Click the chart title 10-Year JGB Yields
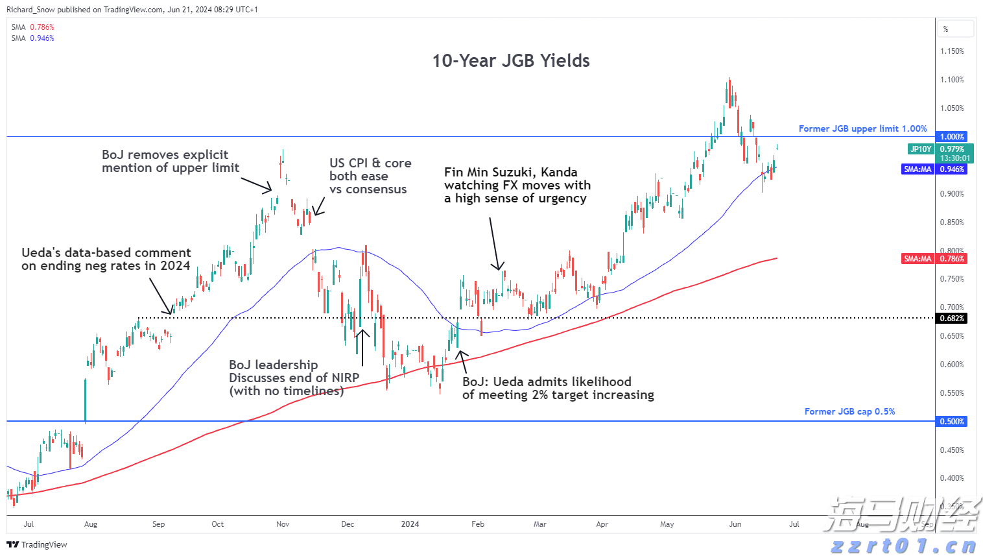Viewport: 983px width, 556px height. pos(511,60)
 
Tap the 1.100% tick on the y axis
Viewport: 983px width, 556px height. pos(952,80)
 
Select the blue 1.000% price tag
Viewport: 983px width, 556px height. pos(952,137)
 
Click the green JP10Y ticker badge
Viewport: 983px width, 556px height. pos(921,149)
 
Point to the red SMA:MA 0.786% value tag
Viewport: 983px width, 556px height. pos(952,259)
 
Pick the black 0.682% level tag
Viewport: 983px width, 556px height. pos(952,319)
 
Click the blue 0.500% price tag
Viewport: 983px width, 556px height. pos(952,422)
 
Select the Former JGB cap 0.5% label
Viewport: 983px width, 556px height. pos(849,411)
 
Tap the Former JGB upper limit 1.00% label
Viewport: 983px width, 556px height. pos(862,128)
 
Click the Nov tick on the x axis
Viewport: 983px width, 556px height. pos(283,524)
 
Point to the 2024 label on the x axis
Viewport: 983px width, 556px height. pos(410,524)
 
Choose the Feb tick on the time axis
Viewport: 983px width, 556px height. pos(478,524)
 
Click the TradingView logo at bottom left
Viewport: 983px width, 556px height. pos(38,544)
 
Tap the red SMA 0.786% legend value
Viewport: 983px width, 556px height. pos(42,27)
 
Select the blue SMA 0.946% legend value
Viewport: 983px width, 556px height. pos(42,38)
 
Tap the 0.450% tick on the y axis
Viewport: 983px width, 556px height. pos(952,450)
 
